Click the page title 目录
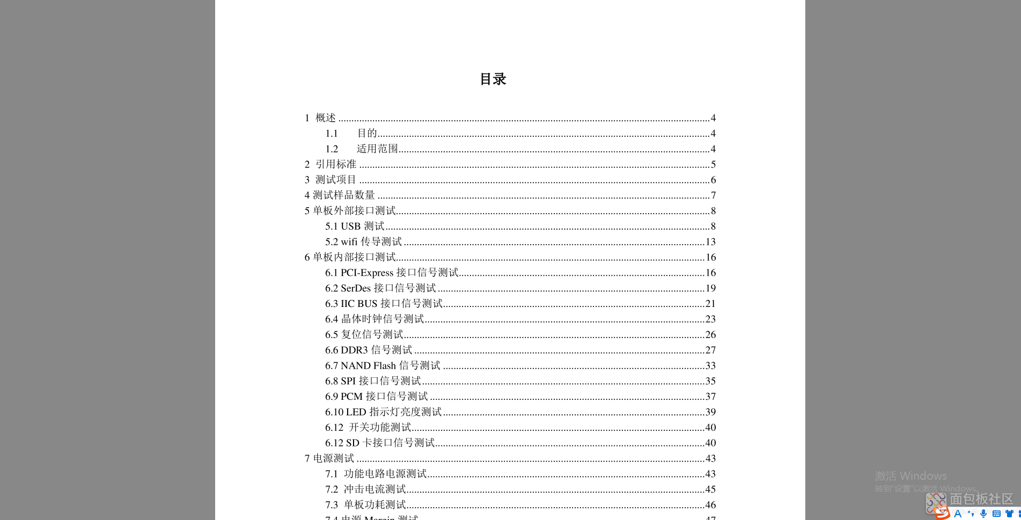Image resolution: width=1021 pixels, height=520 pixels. click(493, 79)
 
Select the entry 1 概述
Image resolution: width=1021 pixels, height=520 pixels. click(320, 118)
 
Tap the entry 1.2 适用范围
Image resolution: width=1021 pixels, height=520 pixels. click(361, 149)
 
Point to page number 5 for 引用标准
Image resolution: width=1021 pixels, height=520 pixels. click(713, 165)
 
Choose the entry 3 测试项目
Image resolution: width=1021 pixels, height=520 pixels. click(330, 180)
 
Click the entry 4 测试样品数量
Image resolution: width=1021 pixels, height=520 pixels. click(340, 195)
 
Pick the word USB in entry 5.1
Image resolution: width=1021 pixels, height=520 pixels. click(350, 226)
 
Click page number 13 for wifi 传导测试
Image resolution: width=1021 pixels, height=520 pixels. click(710, 242)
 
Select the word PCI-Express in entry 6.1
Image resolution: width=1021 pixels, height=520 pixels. click(367, 273)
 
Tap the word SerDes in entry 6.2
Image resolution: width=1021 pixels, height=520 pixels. click(356, 289)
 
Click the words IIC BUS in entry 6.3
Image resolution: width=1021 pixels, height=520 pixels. click(359, 304)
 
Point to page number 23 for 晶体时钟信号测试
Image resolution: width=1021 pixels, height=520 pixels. click(710, 319)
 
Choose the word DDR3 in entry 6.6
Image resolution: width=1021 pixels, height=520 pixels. click(354, 350)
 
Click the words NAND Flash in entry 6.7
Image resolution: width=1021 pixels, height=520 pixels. click(368, 366)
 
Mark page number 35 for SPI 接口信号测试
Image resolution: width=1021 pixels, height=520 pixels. click(710, 382)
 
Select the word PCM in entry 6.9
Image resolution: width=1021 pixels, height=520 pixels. click(351, 397)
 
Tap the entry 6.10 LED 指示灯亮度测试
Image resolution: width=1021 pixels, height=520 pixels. click(383, 412)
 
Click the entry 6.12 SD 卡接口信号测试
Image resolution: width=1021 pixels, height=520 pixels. click(379, 443)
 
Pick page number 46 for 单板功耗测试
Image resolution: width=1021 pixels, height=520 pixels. click(710, 505)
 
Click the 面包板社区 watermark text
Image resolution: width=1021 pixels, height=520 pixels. click(981, 499)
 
